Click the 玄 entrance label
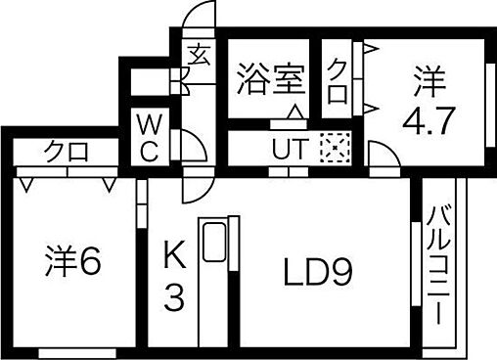point(198,53)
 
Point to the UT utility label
point(287,151)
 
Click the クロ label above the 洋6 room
point(67,152)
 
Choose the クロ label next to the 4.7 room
point(338,77)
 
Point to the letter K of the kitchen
point(174,258)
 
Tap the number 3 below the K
point(174,299)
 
